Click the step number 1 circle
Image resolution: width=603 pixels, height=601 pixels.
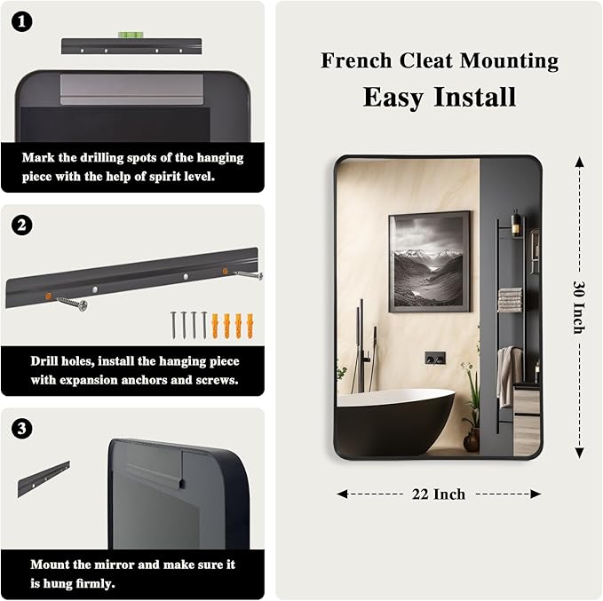click(x=21, y=21)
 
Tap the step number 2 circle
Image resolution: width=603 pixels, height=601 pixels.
click(x=21, y=225)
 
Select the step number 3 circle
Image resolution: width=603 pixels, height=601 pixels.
click(x=21, y=429)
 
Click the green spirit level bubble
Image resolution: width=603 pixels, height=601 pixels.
click(x=131, y=35)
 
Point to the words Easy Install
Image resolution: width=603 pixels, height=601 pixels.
click(x=440, y=97)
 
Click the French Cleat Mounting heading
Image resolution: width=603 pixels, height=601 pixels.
click(x=440, y=60)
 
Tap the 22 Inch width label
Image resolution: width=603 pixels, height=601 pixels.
click(x=439, y=494)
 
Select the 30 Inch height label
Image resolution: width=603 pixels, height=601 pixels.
click(x=579, y=307)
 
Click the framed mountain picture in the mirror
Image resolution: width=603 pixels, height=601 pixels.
click(x=430, y=262)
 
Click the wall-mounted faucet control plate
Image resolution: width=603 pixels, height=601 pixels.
click(x=435, y=358)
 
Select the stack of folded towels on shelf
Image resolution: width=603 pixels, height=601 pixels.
click(x=510, y=299)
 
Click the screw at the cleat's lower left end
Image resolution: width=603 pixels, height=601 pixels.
click(x=73, y=304)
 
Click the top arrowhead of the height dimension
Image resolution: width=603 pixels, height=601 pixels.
click(x=580, y=162)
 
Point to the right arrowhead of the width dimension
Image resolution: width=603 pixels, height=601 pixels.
click(x=536, y=494)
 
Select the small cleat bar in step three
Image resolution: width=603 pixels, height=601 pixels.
click(x=44, y=479)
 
